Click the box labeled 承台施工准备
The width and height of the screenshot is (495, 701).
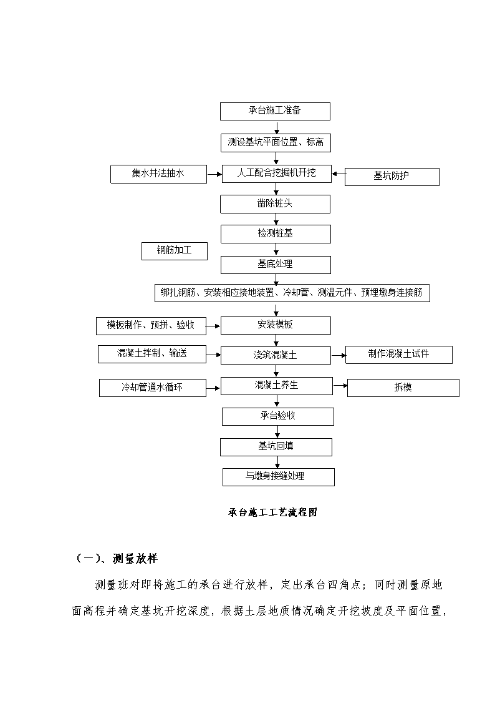pyautogui.click(x=275, y=111)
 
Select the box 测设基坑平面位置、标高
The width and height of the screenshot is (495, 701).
pyautogui.click(x=276, y=143)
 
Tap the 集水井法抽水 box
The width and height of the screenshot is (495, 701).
pyautogui.click(x=158, y=174)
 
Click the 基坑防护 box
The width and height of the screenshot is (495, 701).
pyautogui.click(x=392, y=177)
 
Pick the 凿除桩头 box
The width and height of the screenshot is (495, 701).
pyautogui.click(x=275, y=204)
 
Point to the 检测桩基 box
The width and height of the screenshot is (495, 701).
pyautogui.click(x=276, y=234)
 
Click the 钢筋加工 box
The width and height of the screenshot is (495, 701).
pyautogui.click(x=175, y=251)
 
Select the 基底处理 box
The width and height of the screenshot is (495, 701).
pyautogui.click(x=276, y=265)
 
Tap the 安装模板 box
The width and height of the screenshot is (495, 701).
pyautogui.click(x=276, y=325)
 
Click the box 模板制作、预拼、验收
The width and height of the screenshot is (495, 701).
pyautogui.click(x=151, y=326)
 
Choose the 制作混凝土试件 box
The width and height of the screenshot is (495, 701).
pyautogui.click(x=398, y=355)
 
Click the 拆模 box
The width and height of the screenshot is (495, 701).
pyautogui.click(x=403, y=388)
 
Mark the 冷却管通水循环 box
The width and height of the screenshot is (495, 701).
pyautogui.click(x=153, y=388)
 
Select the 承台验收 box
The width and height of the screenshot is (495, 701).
pyautogui.click(x=278, y=416)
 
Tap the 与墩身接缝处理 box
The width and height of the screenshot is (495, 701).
pyautogui.click(x=279, y=477)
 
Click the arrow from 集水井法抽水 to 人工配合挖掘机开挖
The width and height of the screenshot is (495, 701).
pyautogui.click(x=214, y=174)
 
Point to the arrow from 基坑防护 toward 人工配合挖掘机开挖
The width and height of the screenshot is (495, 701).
pyautogui.click(x=338, y=174)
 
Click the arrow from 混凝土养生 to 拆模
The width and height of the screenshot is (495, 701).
pyautogui.click(x=340, y=385)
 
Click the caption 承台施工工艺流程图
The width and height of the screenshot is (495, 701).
pyautogui.click(x=272, y=512)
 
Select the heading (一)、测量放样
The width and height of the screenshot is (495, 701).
pyautogui.click(x=117, y=559)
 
